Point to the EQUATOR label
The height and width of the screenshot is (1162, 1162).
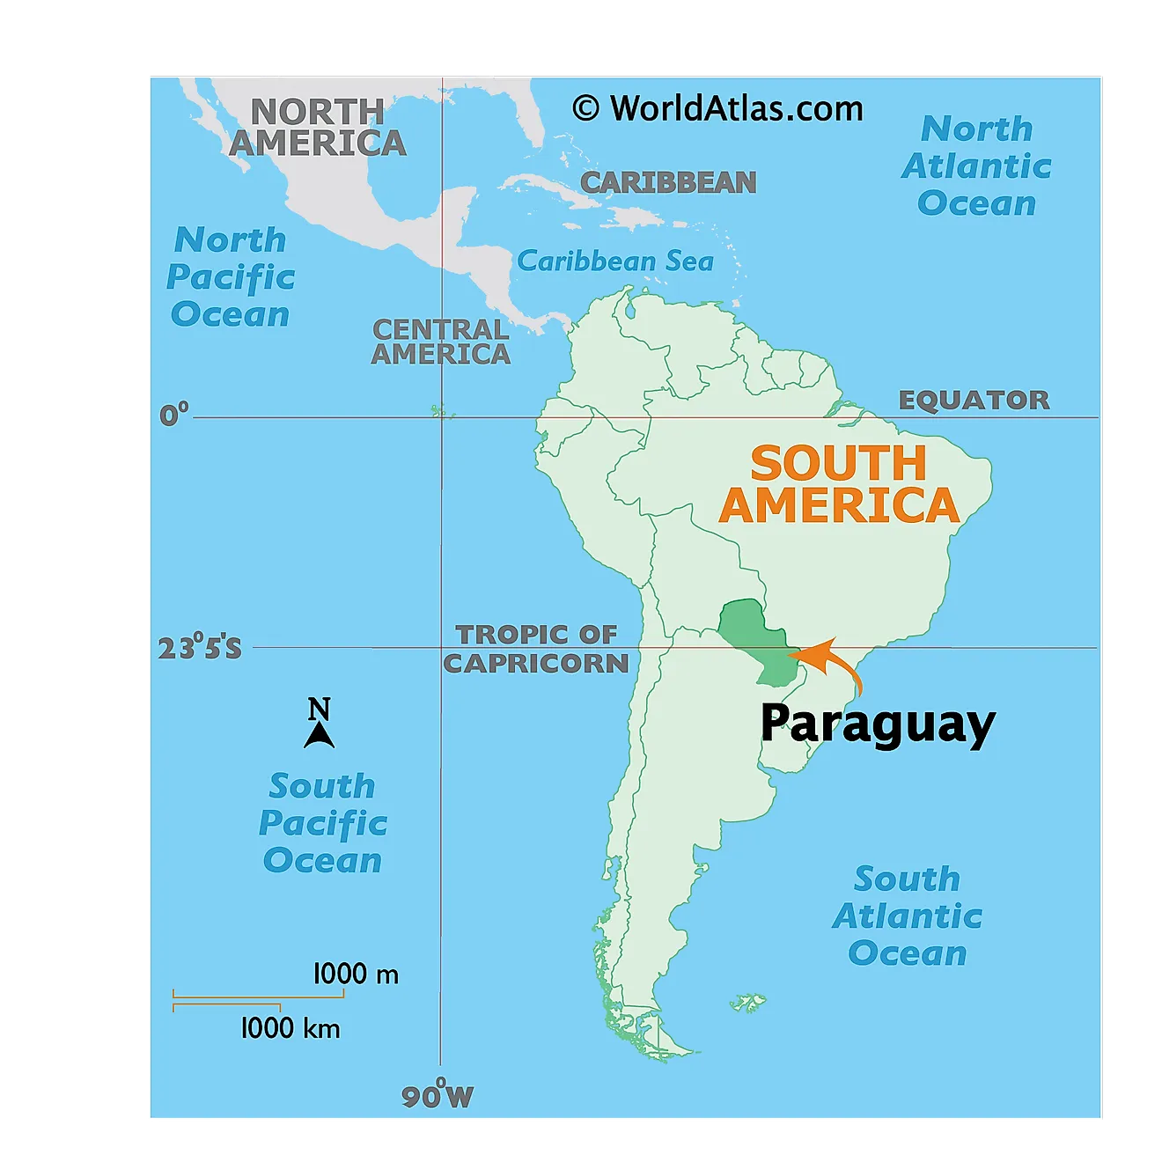point(974,401)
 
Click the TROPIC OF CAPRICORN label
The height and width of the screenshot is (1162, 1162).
point(536,649)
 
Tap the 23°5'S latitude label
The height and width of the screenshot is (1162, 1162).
point(200,649)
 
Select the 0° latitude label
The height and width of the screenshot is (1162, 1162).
point(174,415)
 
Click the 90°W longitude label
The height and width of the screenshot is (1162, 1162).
point(438,1095)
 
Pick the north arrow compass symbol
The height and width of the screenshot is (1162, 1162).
point(319,724)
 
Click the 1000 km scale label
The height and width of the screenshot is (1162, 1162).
point(290,1028)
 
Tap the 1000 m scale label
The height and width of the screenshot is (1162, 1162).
point(356,974)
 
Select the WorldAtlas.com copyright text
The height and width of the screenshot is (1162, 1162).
point(718,109)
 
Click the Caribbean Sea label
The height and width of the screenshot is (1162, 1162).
point(615,261)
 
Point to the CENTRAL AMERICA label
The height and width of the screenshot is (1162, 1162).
point(440,342)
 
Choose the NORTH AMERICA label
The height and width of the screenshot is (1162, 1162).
point(317,128)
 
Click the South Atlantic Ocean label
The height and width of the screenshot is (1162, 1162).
point(908,916)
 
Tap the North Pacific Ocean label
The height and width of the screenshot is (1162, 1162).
point(231,277)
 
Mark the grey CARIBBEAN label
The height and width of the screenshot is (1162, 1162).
point(668,182)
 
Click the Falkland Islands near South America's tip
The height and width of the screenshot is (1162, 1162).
point(749,1003)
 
